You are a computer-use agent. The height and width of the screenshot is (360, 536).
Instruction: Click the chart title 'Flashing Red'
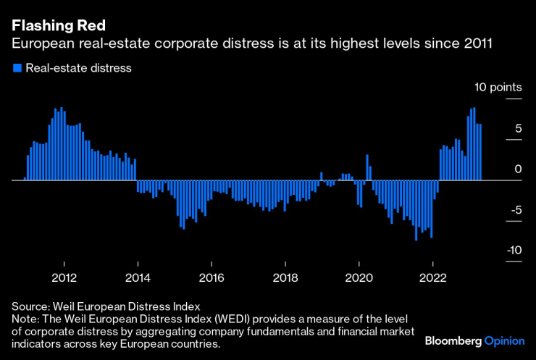pyautogui.click(x=52, y=27)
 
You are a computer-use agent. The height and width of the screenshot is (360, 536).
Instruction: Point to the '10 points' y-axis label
pyautogui.click(x=498, y=88)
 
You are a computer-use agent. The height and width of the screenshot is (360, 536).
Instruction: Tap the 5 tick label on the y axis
pyautogui.click(x=518, y=128)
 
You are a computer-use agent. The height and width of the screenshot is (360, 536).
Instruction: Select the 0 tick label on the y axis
pyautogui.click(x=518, y=169)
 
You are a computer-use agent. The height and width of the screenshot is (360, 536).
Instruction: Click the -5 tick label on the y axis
pyautogui.click(x=515, y=209)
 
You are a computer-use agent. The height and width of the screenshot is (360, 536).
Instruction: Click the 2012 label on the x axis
pyautogui.click(x=64, y=277)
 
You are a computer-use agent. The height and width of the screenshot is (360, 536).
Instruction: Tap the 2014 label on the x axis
pyautogui.click(x=138, y=277)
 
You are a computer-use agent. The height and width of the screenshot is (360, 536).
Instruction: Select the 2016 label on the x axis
pyautogui.click(x=212, y=277)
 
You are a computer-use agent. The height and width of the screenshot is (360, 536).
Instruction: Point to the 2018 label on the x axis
pyautogui.click(x=285, y=277)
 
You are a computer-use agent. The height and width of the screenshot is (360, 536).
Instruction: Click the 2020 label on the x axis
pyautogui.click(x=359, y=277)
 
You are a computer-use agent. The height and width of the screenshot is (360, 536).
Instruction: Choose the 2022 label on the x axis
pyautogui.click(x=432, y=277)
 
